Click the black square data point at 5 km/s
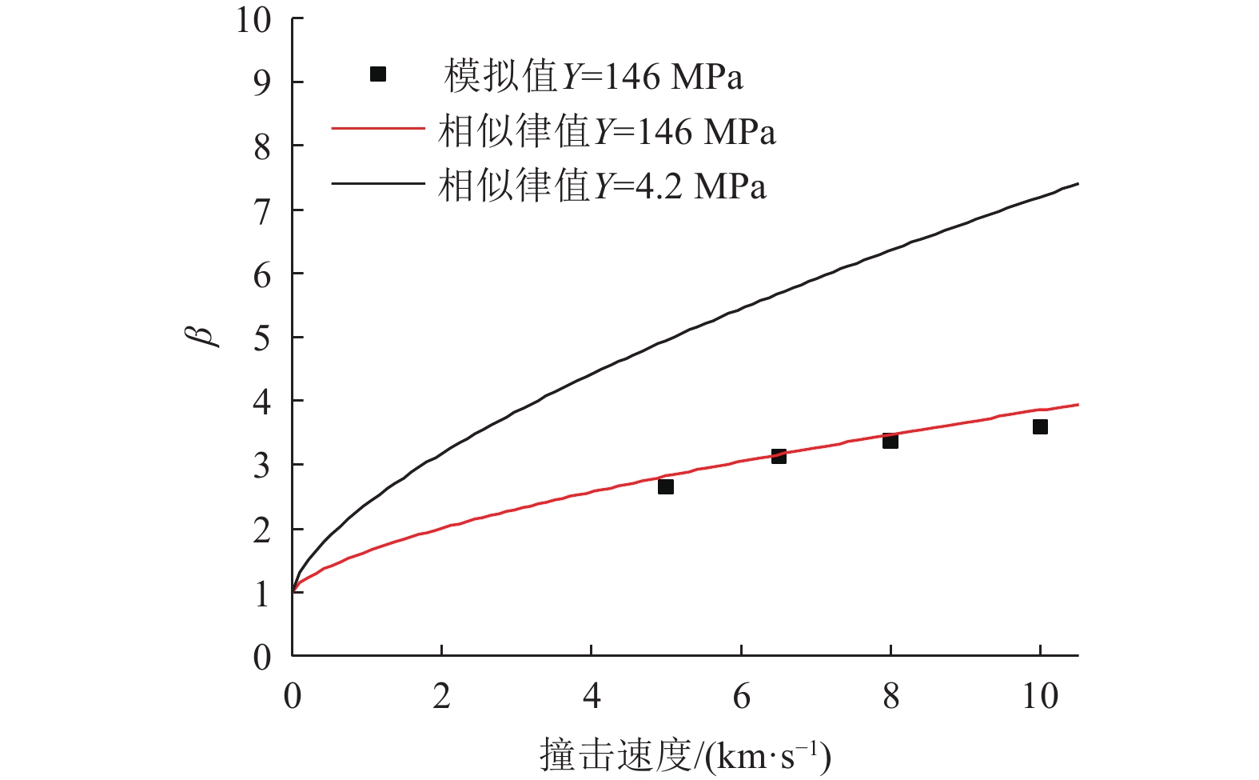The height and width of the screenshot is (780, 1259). click(665, 486)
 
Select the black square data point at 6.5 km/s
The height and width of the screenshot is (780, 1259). click(779, 456)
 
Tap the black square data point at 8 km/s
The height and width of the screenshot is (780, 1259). click(890, 441)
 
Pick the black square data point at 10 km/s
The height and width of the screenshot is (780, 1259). click(1040, 427)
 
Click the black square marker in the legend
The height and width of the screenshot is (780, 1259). click(378, 74)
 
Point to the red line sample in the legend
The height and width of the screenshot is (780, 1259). click(377, 129)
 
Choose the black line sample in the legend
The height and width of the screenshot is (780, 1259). click(377, 183)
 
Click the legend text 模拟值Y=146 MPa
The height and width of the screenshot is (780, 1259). click(593, 77)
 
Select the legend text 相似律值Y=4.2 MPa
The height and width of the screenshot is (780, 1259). click(602, 186)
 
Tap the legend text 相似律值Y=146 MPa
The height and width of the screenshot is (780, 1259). click(607, 131)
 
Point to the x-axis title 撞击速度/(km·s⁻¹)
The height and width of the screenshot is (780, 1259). click(685, 754)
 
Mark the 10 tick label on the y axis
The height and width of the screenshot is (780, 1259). click(253, 20)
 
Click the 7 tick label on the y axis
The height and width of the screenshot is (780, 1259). click(262, 211)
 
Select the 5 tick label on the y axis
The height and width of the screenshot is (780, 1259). click(262, 338)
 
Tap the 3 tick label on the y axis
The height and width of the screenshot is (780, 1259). click(262, 466)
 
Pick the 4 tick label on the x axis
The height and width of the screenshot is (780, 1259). click(592, 696)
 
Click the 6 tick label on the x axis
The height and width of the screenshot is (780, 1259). click(741, 696)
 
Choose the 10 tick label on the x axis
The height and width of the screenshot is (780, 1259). click(1040, 696)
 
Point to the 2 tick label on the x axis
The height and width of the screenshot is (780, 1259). click(442, 696)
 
